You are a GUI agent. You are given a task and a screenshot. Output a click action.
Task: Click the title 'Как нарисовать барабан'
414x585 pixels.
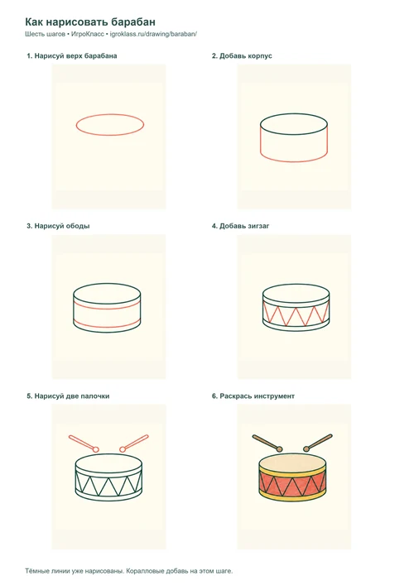click(90, 22)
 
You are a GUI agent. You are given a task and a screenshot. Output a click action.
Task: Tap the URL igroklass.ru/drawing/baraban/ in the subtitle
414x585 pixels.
click(153, 34)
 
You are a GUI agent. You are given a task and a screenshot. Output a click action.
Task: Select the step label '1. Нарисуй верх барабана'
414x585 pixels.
click(72, 56)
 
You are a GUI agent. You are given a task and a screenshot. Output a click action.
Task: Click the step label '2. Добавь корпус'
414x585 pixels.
click(242, 56)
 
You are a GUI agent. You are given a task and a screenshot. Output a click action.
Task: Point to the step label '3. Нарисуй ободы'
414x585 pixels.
click(58, 226)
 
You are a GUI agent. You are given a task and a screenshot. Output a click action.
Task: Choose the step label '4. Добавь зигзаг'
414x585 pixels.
click(240, 226)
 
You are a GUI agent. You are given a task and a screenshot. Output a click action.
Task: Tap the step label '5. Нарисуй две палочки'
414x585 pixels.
click(68, 396)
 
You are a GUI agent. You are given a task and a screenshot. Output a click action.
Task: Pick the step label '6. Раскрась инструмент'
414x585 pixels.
click(253, 396)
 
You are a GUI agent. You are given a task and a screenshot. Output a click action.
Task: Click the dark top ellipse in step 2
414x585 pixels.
click(294, 114)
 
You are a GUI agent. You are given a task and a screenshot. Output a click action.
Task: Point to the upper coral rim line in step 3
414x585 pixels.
click(107, 309)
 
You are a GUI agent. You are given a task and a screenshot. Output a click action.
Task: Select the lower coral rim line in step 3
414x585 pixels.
click(107, 327)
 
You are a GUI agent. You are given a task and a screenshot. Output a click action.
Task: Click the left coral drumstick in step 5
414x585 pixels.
click(84, 444)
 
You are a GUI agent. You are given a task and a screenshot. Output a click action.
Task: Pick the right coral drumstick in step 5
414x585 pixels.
click(134, 444)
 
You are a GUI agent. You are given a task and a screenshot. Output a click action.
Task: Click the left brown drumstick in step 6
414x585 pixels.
click(267, 443)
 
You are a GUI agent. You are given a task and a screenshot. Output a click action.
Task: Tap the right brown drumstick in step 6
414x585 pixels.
click(318, 443)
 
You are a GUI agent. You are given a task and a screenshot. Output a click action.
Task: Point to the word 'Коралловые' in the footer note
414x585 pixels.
click(144, 571)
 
